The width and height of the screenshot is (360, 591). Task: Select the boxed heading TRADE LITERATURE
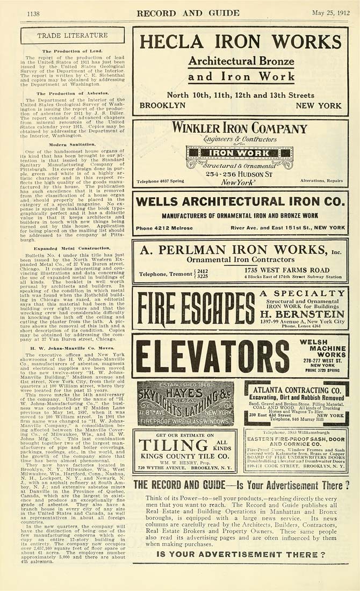72,35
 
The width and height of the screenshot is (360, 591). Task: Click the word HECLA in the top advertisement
175,42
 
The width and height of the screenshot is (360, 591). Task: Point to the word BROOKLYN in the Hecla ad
162,106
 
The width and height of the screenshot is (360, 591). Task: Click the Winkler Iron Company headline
240,128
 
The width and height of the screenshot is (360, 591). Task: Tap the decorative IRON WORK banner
240,153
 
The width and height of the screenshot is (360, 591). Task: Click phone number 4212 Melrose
161,228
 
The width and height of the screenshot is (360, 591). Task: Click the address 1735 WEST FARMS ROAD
294,270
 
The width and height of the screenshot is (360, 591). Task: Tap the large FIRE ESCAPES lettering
195,308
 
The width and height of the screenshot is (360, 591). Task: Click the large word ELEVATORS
212,356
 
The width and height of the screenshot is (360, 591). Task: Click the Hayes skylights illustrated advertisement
185,403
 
